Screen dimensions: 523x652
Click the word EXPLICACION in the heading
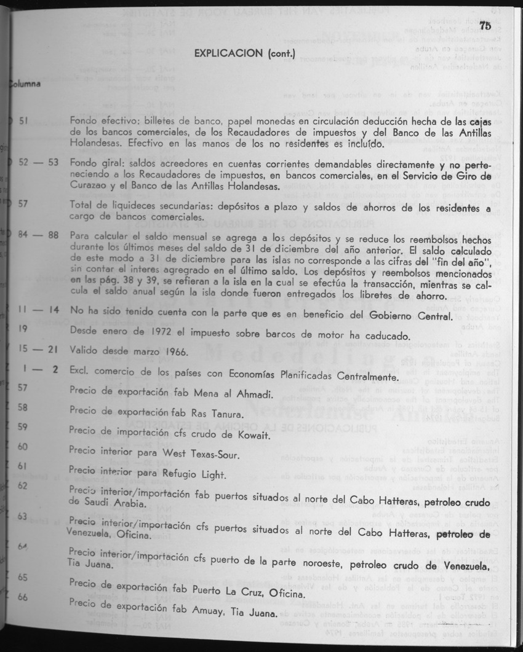(x=229, y=53)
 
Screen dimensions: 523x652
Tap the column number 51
(x=24, y=121)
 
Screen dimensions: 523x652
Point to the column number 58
(x=23, y=407)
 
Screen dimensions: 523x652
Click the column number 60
(x=23, y=446)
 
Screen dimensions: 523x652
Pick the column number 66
(x=23, y=597)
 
